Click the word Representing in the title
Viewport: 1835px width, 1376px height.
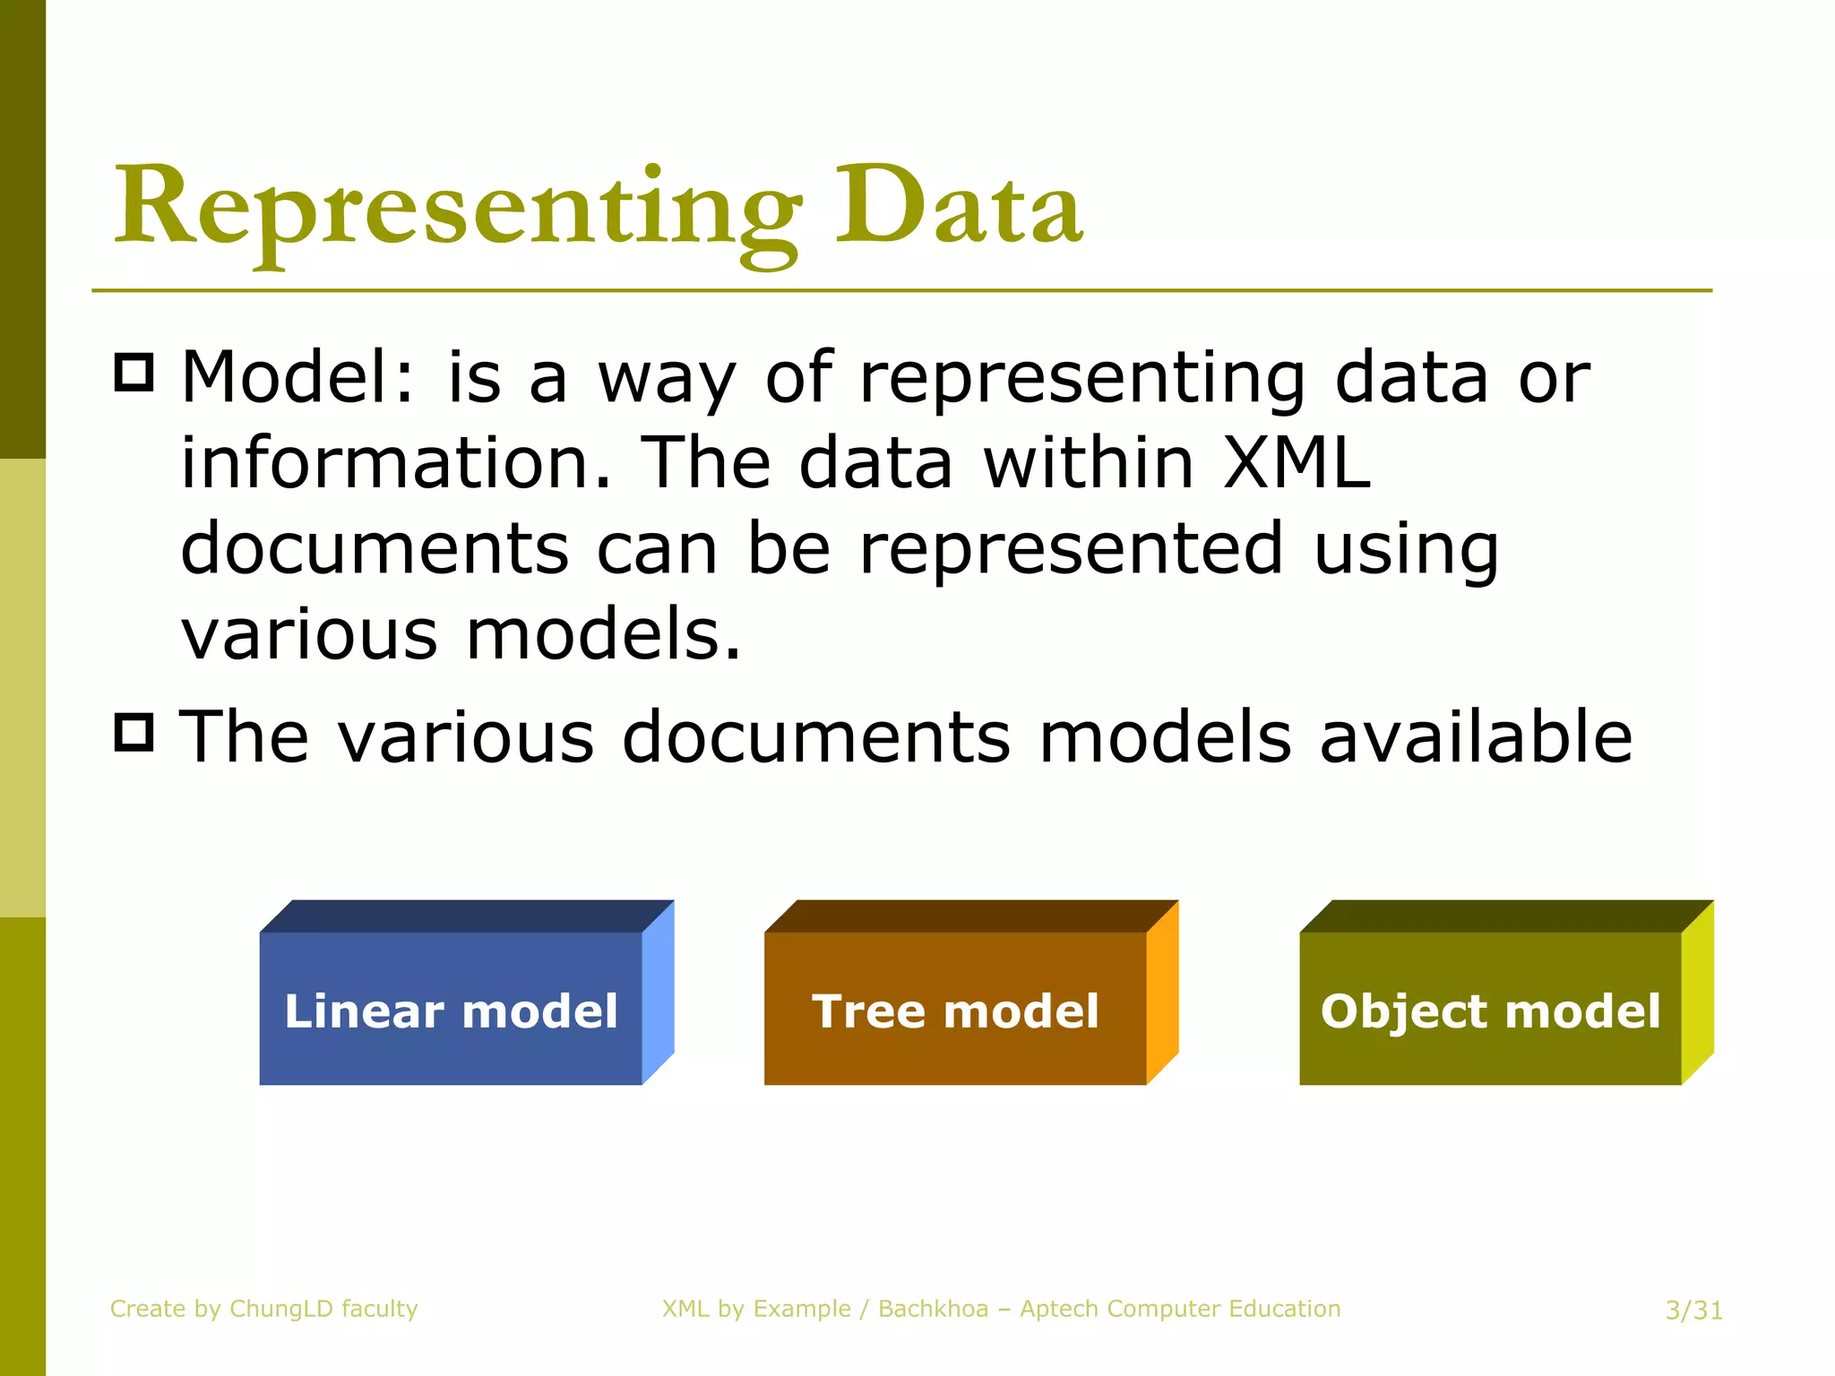pyautogui.click(x=457, y=211)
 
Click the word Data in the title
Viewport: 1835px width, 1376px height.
pyautogui.click(x=959, y=211)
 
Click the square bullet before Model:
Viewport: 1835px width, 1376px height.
pyautogui.click(x=134, y=372)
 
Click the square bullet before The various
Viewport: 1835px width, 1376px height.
pyautogui.click(x=134, y=732)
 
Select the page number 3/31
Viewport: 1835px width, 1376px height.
pyautogui.click(x=1693, y=1311)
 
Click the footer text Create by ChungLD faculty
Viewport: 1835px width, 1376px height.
pyautogui.click(x=263, y=1309)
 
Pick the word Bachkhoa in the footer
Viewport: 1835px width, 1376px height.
pyautogui.click(x=933, y=1309)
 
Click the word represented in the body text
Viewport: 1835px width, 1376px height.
pyautogui.click(x=1072, y=548)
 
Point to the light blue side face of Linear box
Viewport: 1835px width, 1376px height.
pyautogui.click(x=659, y=992)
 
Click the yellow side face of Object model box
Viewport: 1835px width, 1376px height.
pyautogui.click(x=1698, y=992)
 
